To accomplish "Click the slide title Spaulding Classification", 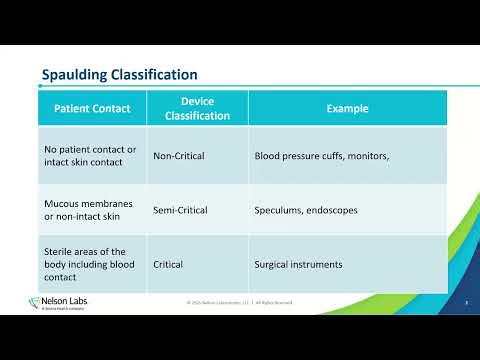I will [x=118, y=75].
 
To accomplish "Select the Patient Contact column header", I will [x=92, y=108].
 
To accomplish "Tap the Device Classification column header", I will [x=198, y=109].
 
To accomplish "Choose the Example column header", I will [x=347, y=108].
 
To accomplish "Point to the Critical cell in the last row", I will [x=169, y=264].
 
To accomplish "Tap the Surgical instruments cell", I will [x=299, y=264].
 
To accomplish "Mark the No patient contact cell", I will [x=89, y=156].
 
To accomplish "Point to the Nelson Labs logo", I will [x=58, y=303].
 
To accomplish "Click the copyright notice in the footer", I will [x=240, y=302].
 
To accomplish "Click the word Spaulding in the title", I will [x=74, y=75].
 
